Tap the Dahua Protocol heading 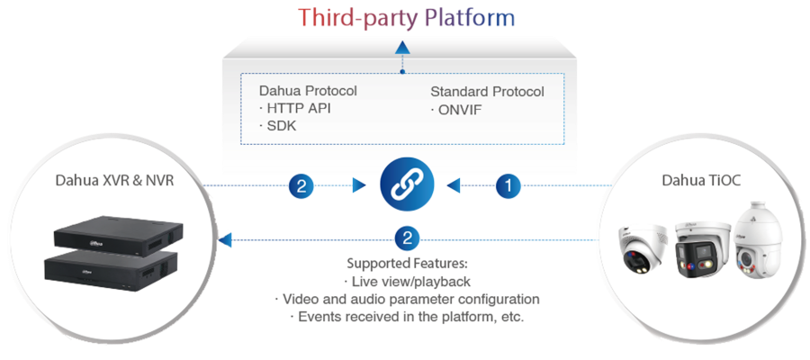point(308,92)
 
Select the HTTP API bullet point(293,109)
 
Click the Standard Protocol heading point(487,92)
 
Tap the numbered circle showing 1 point(508,186)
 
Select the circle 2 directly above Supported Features point(406,239)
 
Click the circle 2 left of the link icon point(302,186)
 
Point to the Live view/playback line point(407,282)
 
